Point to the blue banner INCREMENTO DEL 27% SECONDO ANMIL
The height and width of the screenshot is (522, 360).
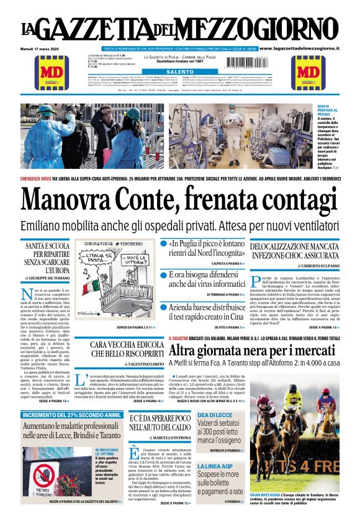click(71, 415)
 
